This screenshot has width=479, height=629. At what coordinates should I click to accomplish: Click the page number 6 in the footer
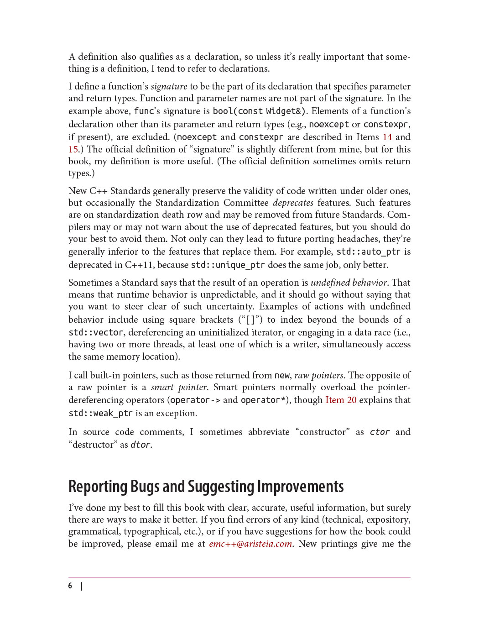[70, 586]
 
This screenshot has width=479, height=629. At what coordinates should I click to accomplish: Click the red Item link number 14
[387, 137]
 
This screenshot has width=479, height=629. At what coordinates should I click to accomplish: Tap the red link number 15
[73, 149]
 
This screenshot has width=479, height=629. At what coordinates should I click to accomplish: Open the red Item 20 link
[341, 400]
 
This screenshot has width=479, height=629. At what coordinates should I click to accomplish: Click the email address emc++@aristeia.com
[250, 544]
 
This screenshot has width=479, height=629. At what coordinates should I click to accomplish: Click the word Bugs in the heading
[145, 487]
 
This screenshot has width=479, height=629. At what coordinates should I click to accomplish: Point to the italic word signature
[169, 86]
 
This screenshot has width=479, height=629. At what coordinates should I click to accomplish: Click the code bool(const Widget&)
[260, 111]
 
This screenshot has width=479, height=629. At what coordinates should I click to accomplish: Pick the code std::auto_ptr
[368, 252]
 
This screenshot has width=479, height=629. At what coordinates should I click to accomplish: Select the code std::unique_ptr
[228, 265]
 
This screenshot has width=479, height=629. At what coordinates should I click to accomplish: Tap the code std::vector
[96, 332]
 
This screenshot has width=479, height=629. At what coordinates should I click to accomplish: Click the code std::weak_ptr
[100, 413]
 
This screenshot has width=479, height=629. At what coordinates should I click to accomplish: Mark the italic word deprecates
[293, 203]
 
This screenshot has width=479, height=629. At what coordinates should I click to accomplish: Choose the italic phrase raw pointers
[319, 375]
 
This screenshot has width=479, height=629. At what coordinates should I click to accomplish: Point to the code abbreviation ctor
[380, 432]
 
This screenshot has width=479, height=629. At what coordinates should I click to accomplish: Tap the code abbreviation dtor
[141, 445]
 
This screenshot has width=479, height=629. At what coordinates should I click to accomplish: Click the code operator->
[195, 400]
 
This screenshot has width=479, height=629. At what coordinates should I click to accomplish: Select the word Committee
[246, 203]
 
